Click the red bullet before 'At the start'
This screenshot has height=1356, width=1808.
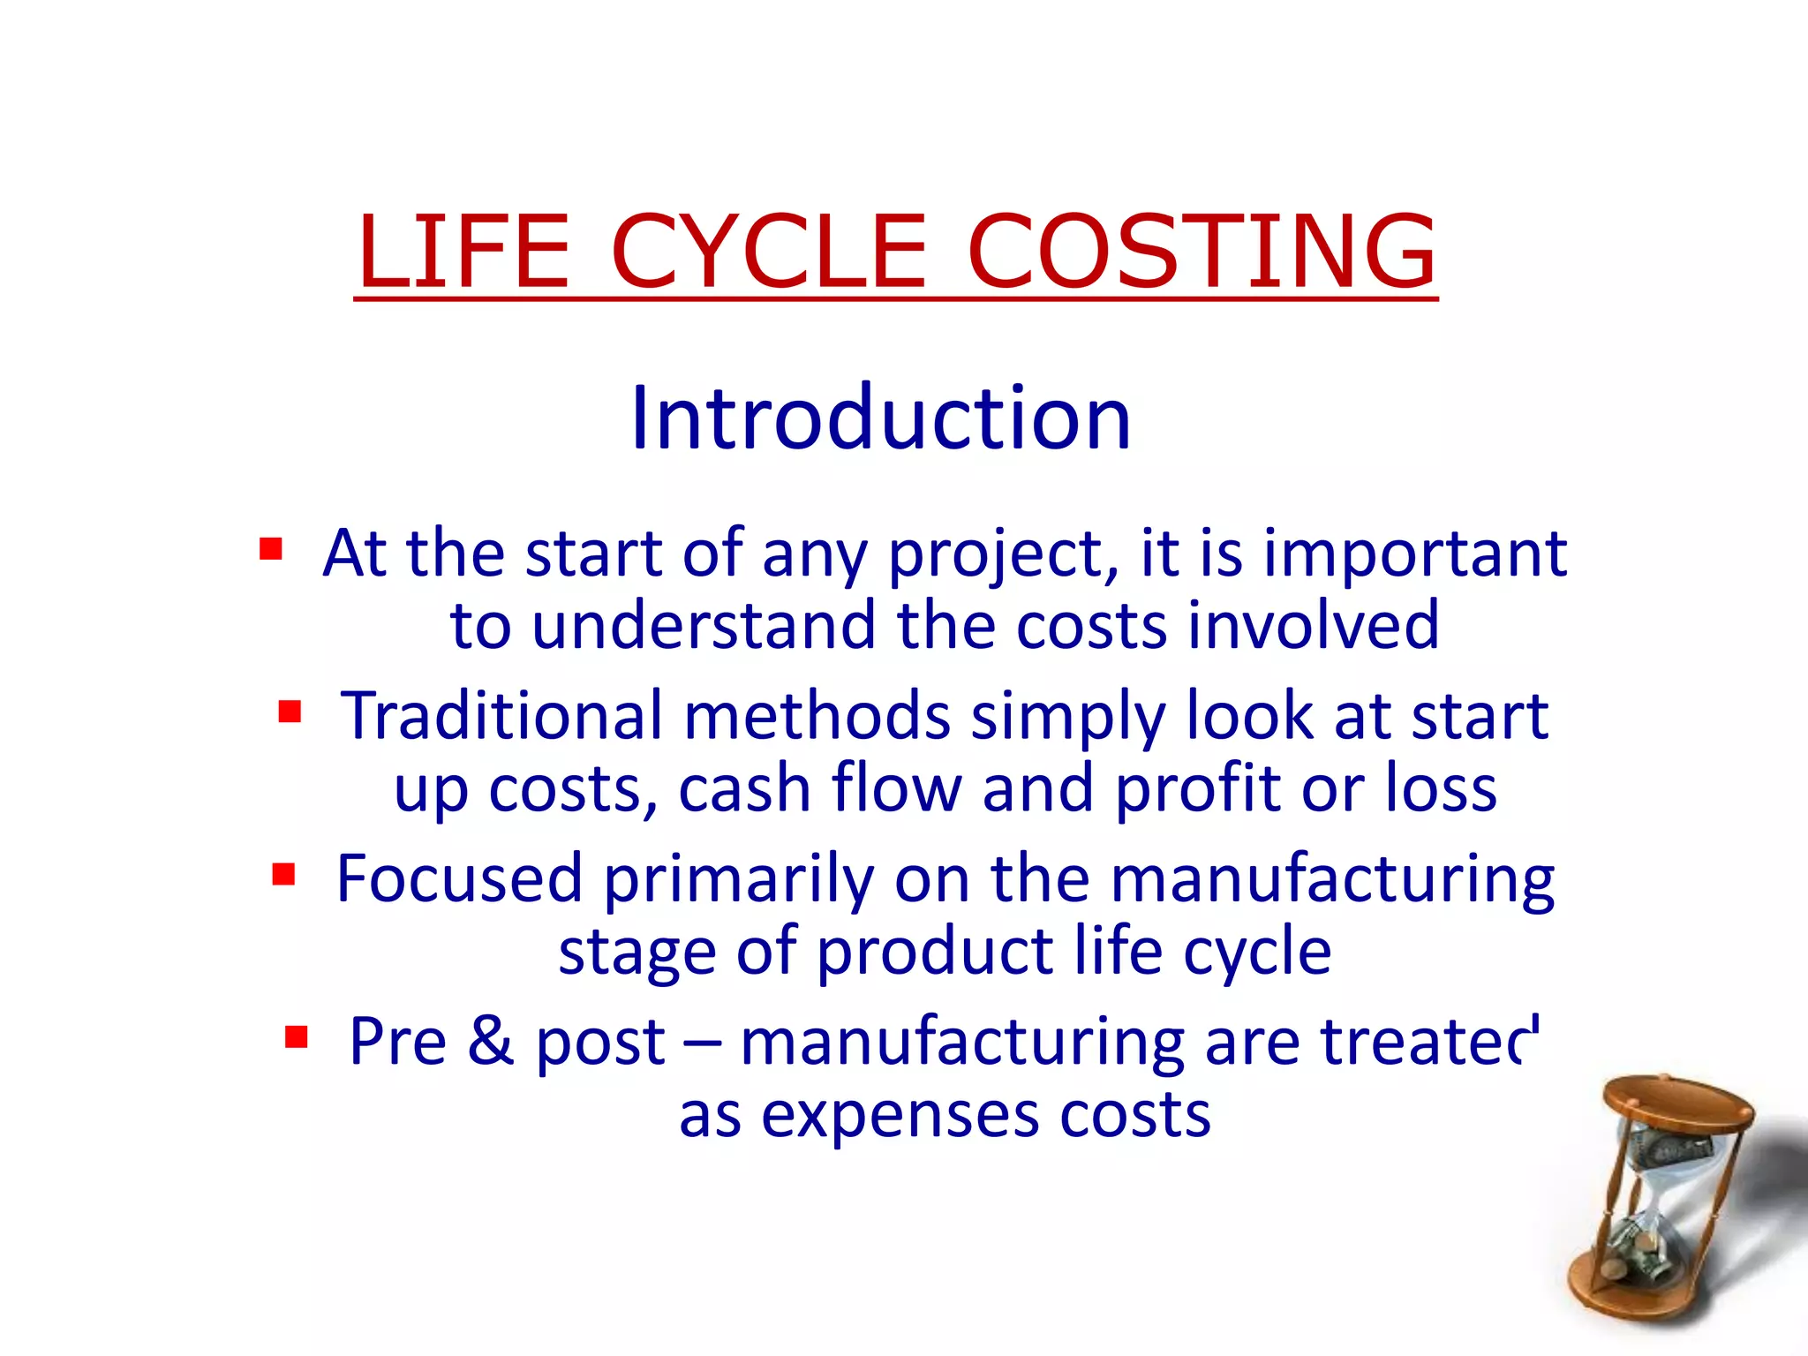tap(270, 549)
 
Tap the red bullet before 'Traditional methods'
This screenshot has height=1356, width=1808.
tap(290, 712)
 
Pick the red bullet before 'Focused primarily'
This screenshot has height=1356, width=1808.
tap(283, 874)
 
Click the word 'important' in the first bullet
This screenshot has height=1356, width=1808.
tap(1415, 554)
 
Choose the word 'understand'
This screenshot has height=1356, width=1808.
tap(703, 626)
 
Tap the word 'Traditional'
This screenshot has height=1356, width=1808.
tap(501, 715)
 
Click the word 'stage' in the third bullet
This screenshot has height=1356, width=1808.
tap(637, 953)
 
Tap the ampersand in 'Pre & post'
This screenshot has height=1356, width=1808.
tap(490, 1041)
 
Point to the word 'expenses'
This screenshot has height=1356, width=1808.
tap(900, 1116)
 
